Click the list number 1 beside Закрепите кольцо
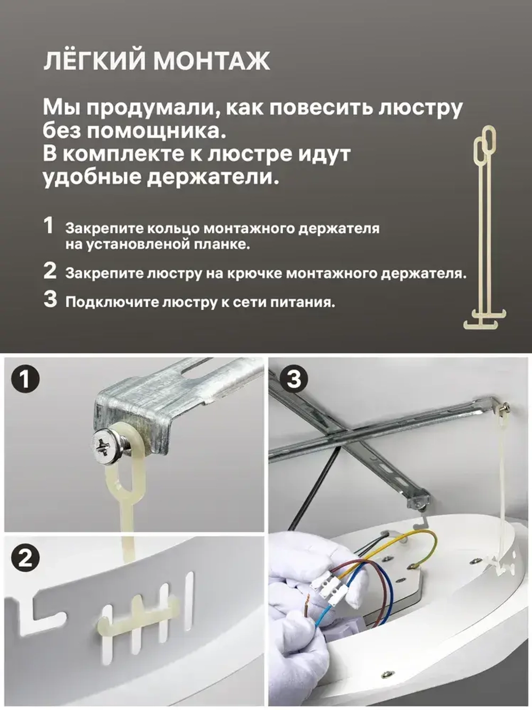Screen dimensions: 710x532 pos(49,226)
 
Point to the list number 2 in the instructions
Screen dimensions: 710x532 pos(49,271)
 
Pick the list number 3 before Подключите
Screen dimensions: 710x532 pos(50,299)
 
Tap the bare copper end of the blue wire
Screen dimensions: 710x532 pos(307,606)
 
